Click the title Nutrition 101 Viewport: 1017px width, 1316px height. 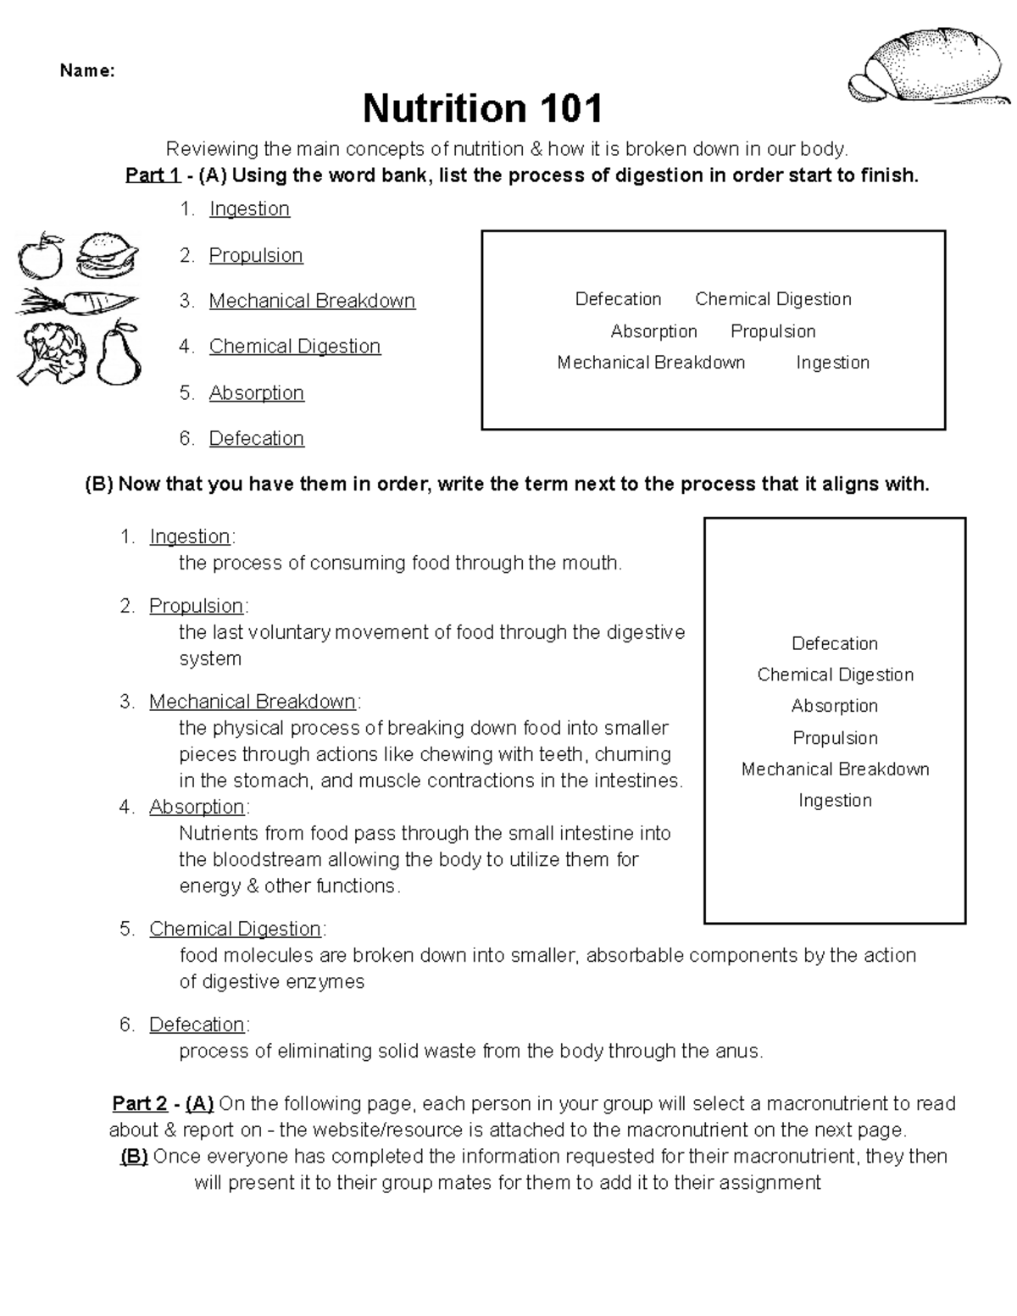pyautogui.click(x=482, y=108)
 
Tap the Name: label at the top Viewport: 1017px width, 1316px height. pyautogui.click(x=86, y=71)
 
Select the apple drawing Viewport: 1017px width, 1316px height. pyautogui.click(x=41, y=255)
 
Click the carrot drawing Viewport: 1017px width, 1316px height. pyautogui.click(x=76, y=302)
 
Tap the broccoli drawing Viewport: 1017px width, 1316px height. pyautogui.click(x=53, y=353)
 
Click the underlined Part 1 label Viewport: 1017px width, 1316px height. pyautogui.click(x=153, y=175)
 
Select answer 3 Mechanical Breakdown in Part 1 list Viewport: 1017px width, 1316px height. pyautogui.click(x=312, y=301)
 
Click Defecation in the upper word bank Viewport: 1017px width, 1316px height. pyautogui.click(x=618, y=299)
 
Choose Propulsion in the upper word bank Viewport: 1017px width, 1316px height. pyautogui.click(x=773, y=331)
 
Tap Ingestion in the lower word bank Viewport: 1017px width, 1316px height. pyautogui.click(x=835, y=801)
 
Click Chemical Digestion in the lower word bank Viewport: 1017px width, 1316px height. pyautogui.click(x=835, y=675)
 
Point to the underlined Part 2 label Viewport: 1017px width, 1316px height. pyautogui.click(x=140, y=1104)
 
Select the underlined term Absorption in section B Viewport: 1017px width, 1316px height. pyautogui.click(x=197, y=807)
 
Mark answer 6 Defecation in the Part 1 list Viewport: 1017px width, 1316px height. pyautogui.click(x=256, y=438)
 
